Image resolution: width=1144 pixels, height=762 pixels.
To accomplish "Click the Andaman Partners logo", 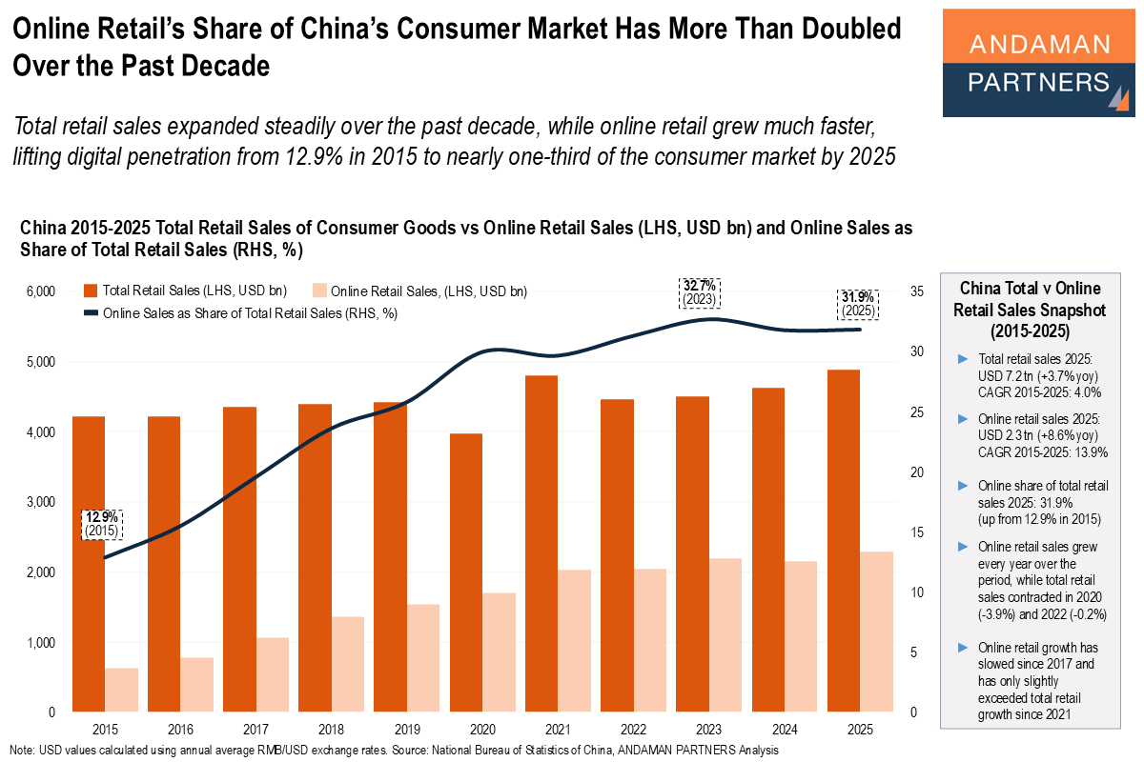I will [x=1038, y=63].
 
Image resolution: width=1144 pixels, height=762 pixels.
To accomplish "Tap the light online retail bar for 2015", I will [x=121, y=690].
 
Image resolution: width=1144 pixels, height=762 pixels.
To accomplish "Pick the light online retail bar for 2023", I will [x=726, y=634].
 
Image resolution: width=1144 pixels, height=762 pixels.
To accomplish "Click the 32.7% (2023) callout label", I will [x=700, y=291].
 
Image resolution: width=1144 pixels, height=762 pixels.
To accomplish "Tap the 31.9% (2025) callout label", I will [x=859, y=304].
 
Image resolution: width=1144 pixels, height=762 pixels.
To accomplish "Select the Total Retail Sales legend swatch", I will [x=91, y=291].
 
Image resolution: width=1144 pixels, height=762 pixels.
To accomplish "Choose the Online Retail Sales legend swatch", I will [x=319, y=291].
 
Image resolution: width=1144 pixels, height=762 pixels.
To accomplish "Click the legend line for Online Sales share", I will [x=91, y=312].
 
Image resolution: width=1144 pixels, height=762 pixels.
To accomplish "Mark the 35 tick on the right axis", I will [x=918, y=291].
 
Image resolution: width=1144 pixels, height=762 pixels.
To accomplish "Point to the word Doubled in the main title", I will [x=852, y=30].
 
